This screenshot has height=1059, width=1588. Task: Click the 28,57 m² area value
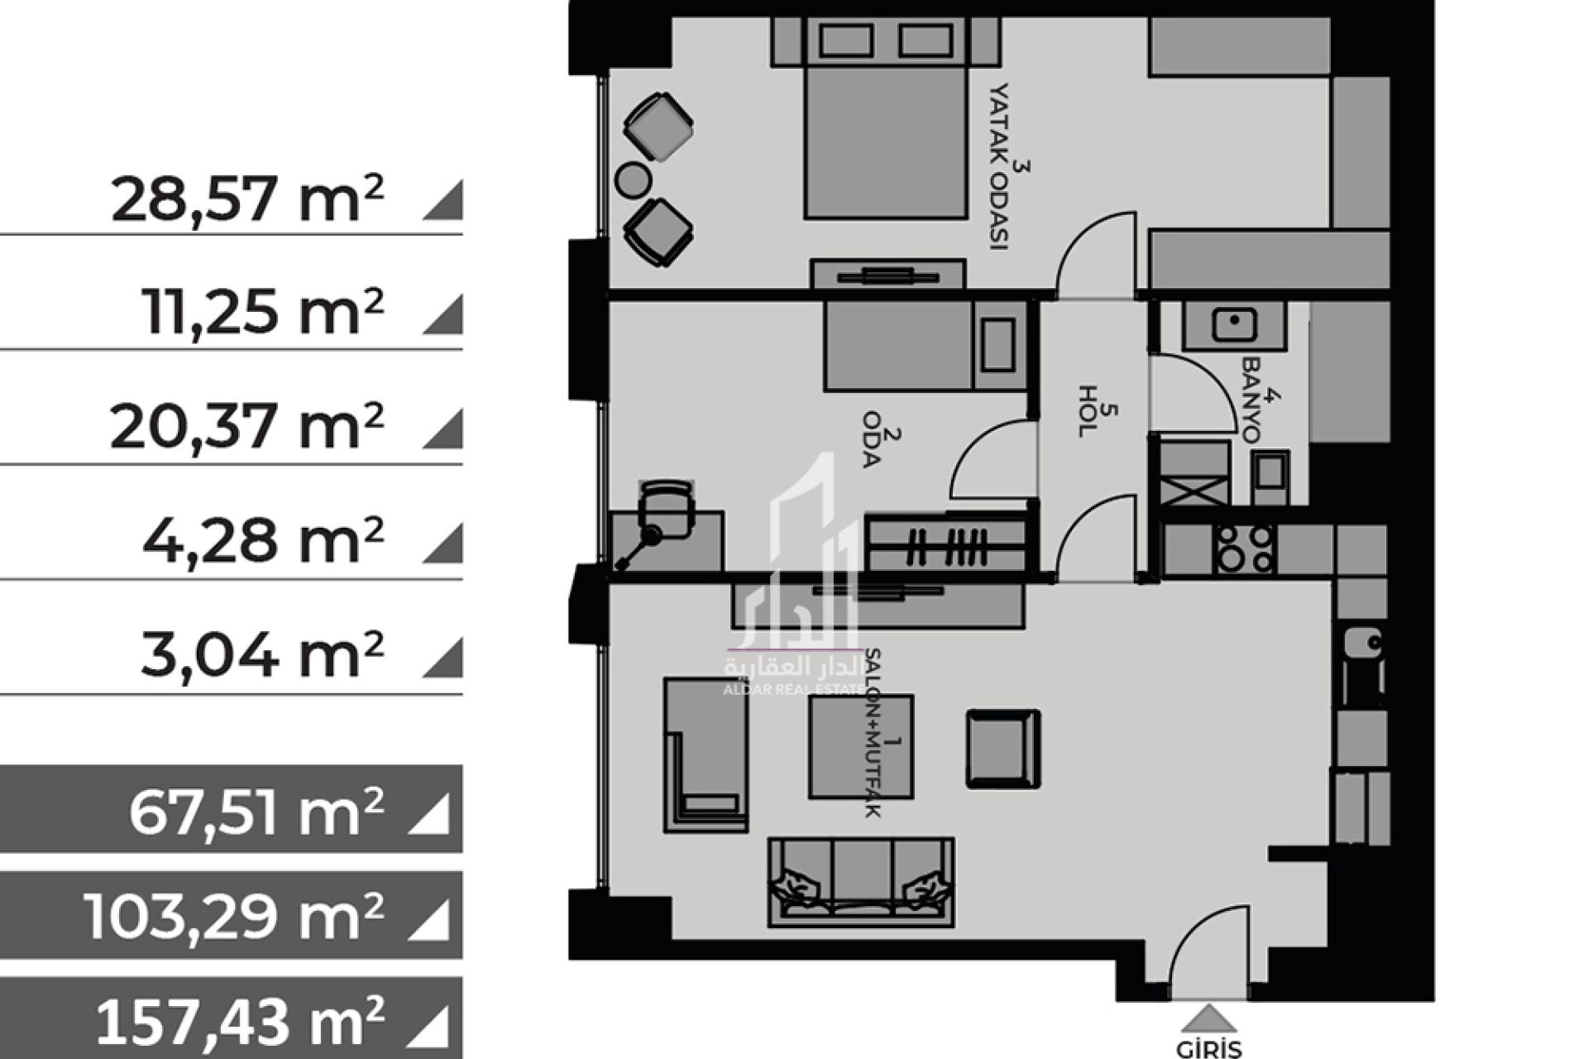247,199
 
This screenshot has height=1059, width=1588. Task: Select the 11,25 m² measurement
264,312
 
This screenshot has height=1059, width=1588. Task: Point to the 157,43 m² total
240,1022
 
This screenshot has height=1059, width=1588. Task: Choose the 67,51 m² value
256,812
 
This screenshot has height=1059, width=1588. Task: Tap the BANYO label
1251,400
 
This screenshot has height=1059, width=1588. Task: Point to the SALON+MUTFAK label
872,733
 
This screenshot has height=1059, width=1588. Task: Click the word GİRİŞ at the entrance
1208,1049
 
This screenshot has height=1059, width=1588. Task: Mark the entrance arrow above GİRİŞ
1208,1017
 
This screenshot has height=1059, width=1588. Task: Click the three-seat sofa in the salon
861,882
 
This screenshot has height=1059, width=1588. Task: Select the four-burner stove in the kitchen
1246,549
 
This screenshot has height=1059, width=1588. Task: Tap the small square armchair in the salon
1003,748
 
